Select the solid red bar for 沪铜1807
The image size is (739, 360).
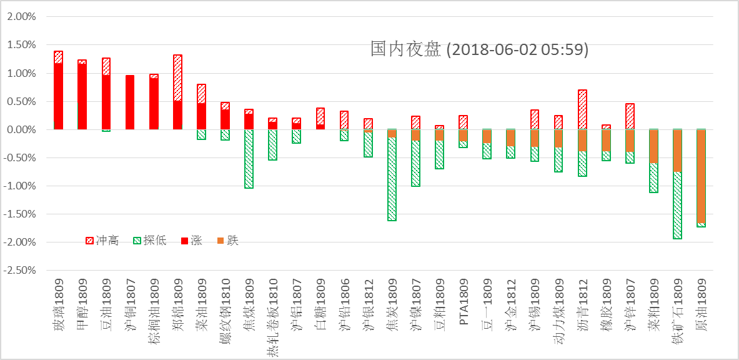pyautogui.click(x=130, y=102)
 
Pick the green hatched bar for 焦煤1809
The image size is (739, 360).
pyautogui.click(x=249, y=159)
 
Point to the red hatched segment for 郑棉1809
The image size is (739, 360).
pyautogui.click(x=177, y=78)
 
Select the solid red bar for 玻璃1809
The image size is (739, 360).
pyautogui.click(x=59, y=96)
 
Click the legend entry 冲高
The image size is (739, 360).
pyautogui.click(x=102, y=241)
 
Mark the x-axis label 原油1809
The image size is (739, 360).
pyautogui.click(x=701, y=307)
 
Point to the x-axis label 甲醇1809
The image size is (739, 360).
pyautogui.click(x=82, y=307)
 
